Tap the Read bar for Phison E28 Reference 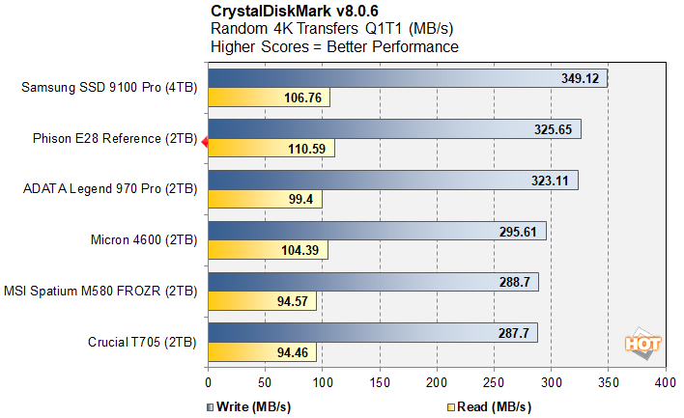pyautogui.click(x=261, y=149)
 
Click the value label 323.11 pyautogui.click(x=552, y=179)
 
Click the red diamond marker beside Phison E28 pyautogui.click(x=205, y=141)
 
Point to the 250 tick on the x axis pyautogui.click(x=494, y=383)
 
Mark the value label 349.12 pyautogui.click(x=581, y=78)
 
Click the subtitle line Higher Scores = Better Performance pyautogui.click(x=334, y=45)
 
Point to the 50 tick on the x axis pyautogui.click(x=265, y=383)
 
